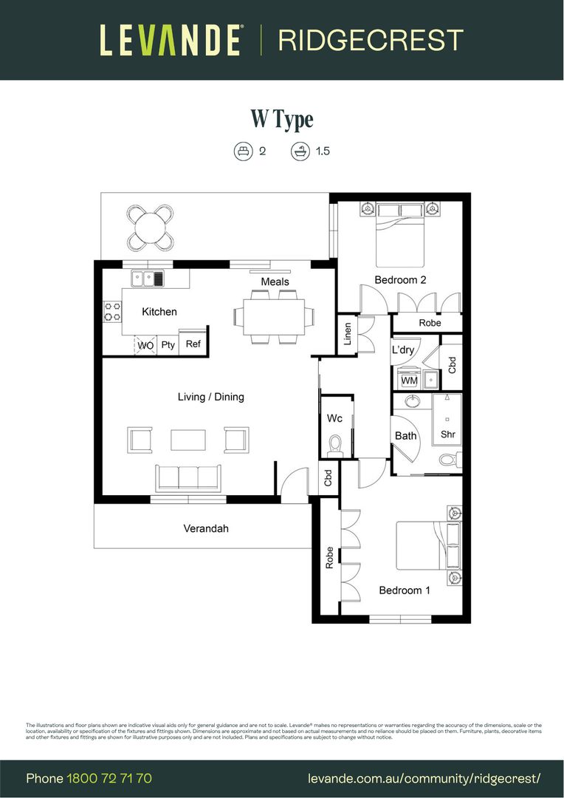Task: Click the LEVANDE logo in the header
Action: click(x=170, y=40)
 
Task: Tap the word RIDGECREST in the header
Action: click(x=371, y=40)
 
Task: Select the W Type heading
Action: click(x=282, y=119)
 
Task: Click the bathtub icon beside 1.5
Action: click(x=300, y=151)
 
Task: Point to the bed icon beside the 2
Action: click(x=242, y=151)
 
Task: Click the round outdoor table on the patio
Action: click(x=151, y=227)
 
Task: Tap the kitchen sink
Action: click(x=148, y=279)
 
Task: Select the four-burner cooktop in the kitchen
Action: click(x=112, y=311)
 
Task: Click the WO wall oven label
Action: click(x=145, y=345)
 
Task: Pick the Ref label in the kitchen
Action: click(x=193, y=344)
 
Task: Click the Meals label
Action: click(x=275, y=282)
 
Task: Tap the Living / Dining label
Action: click(x=210, y=397)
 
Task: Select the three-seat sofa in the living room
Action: click(x=188, y=477)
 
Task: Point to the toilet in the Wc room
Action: click(x=335, y=445)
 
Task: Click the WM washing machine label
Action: click(x=409, y=381)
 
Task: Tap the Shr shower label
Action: click(x=448, y=434)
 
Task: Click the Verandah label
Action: click(x=206, y=528)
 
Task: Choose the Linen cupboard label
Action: click(x=348, y=335)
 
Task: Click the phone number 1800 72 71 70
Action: click(x=109, y=779)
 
